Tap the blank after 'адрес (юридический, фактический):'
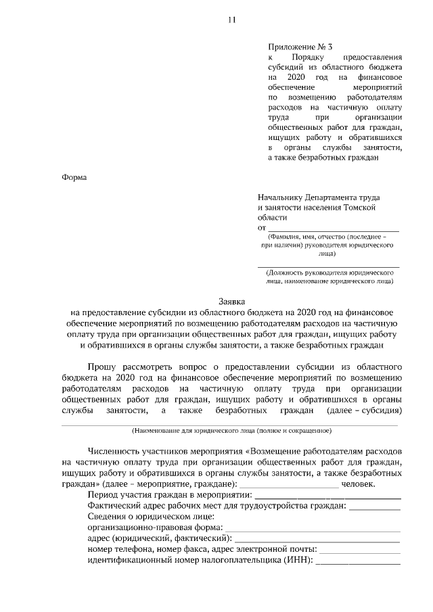point(317,539)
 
